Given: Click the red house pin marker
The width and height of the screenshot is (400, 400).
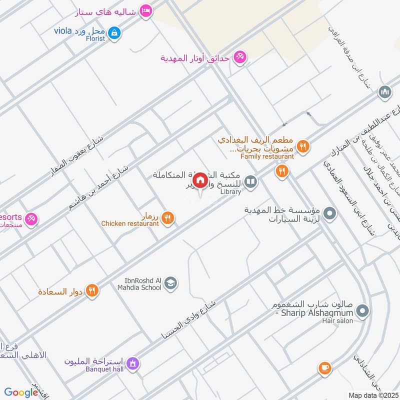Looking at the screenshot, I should tap(199, 180).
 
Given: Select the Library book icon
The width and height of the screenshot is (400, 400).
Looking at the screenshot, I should tap(251, 182).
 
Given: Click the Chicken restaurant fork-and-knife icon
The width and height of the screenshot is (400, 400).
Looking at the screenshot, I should tap(168, 217).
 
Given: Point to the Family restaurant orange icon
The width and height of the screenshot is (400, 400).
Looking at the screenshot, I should tap(303, 146).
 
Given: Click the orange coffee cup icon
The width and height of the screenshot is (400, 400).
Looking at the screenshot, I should tap(324, 368).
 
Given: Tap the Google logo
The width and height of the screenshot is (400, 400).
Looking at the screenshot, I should tap(21, 392).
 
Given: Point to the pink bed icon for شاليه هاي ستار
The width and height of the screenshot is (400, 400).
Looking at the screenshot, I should tap(145, 10).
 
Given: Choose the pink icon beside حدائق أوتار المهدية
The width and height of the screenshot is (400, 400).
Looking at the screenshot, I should tap(240, 57).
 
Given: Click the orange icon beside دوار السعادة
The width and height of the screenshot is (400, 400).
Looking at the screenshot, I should tap(92, 290).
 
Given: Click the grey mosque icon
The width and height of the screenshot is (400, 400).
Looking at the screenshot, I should tap(384, 92).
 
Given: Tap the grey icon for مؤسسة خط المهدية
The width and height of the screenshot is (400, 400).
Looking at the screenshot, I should tap(329, 214).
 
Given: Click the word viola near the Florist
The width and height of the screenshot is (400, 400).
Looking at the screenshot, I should tap(64, 30).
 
